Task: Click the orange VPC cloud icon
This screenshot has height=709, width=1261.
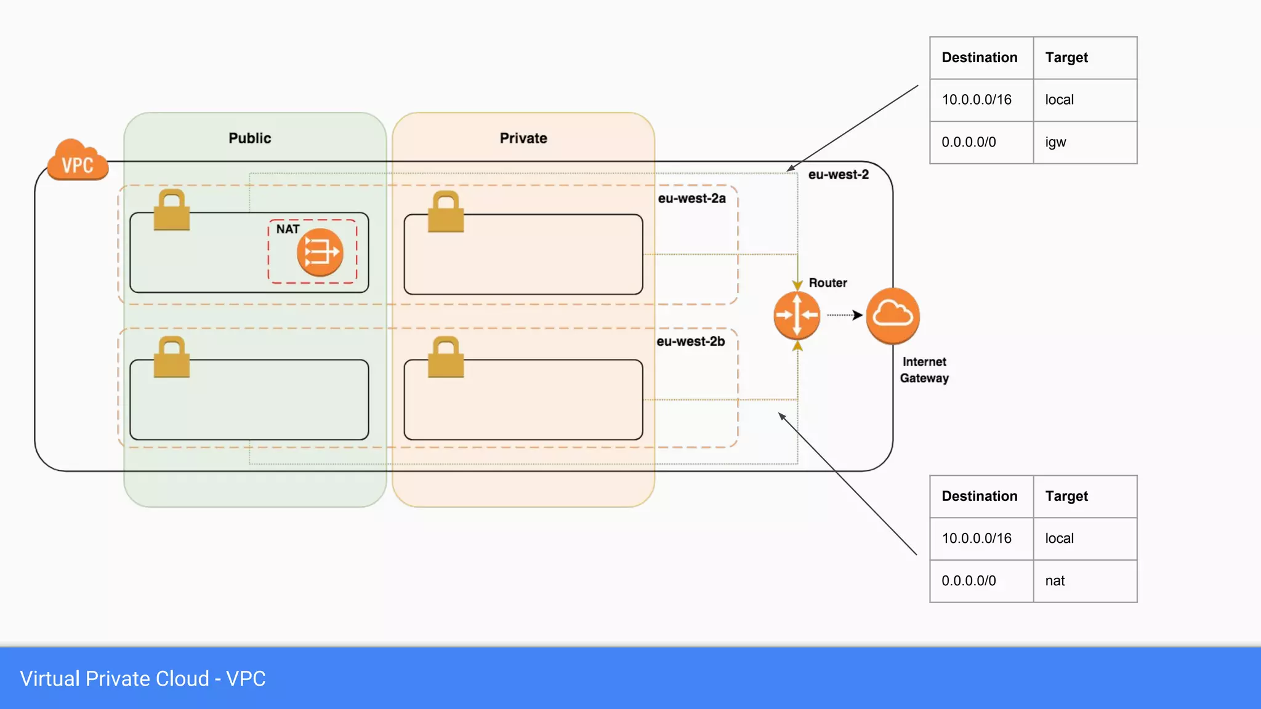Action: tap(78, 161)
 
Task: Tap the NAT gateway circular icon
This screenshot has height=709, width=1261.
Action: tap(320, 252)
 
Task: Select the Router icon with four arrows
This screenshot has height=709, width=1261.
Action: tap(797, 315)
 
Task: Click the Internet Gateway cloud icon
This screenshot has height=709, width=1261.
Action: tap(893, 315)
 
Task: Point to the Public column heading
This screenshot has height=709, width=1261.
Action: tap(249, 138)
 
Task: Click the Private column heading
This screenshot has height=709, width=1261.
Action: tap(523, 138)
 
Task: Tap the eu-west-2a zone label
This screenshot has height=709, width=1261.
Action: tap(691, 198)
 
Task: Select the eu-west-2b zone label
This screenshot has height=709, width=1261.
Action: tap(690, 341)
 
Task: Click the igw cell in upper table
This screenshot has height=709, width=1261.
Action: tap(1055, 142)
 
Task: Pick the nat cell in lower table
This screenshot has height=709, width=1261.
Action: tap(1055, 580)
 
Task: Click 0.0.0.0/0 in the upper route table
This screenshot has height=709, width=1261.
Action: tap(969, 142)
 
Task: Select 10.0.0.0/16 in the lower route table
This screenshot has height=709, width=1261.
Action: tap(977, 538)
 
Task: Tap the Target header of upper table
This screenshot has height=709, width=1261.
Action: tap(1066, 57)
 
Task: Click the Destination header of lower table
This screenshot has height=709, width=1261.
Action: tap(979, 496)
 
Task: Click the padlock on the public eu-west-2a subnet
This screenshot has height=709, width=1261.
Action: tap(171, 210)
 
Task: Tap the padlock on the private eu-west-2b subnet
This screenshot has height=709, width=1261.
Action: tap(446, 358)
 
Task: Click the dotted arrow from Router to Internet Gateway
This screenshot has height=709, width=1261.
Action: tap(844, 315)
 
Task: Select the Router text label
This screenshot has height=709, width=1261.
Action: tap(828, 282)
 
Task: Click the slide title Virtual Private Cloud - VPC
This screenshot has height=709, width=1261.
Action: tap(143, 678)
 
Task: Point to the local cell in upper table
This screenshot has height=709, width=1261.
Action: tap(1059, 100)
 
